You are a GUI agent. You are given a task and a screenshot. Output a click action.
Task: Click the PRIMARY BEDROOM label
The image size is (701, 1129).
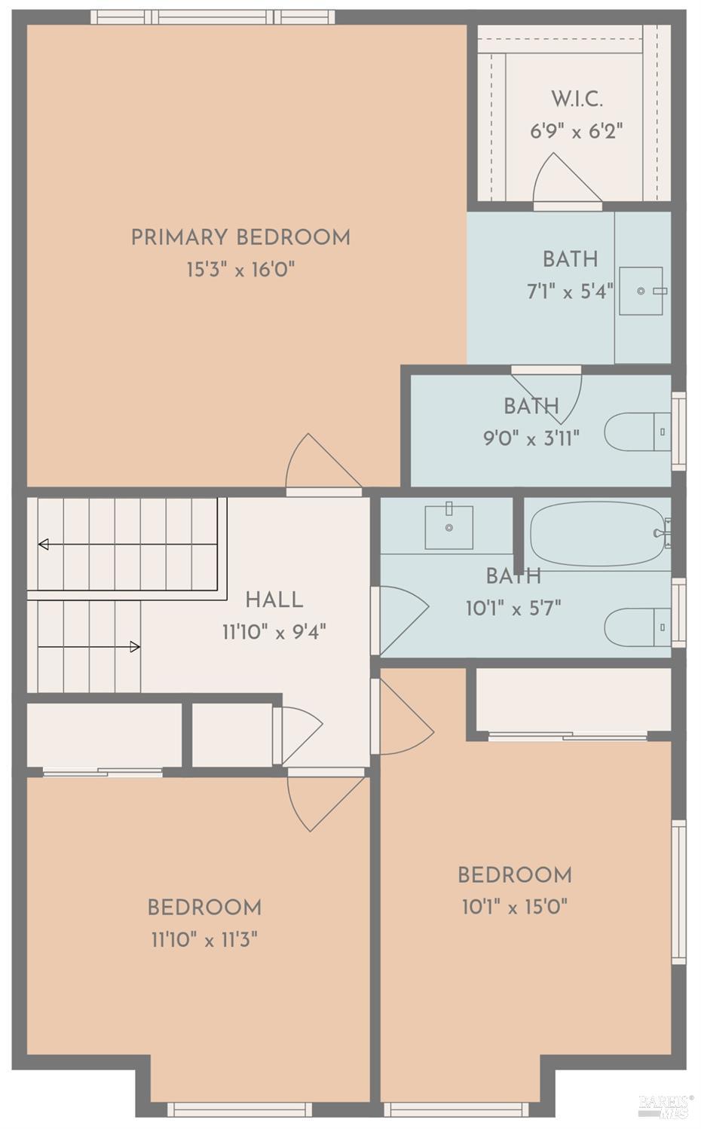pyautogui.click(x=240, y=237)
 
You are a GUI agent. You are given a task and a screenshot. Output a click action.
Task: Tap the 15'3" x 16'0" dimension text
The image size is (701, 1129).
pyautogui.click(x=240, y=270)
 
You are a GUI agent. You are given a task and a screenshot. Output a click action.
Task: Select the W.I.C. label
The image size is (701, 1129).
pyautogui.click(x=577, y=99)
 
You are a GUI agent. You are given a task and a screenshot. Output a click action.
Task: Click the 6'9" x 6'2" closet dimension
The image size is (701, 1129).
pyautogui.click(x=577, y=132)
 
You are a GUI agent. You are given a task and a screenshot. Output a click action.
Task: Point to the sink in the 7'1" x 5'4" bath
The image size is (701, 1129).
pyautogui.click(x=641, y=291)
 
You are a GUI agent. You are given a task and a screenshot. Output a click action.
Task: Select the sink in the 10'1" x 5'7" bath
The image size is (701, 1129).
pyautogui.click(x=448, y=527)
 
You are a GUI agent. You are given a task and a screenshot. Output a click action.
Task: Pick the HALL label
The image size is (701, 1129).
pyautogui.click(x=274, y=600)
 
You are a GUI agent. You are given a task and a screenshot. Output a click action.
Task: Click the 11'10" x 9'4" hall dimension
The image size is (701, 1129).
pyautogui.click(x=274, y=632)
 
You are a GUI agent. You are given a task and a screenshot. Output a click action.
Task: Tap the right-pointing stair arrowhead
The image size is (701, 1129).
pyautogui.click(x=135, y=647)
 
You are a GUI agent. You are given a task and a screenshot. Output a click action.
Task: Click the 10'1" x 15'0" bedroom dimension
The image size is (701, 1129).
pyautogui.click(x=515, y=908)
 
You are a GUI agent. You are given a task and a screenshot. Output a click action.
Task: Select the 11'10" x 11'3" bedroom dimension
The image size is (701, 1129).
pyautogui.click(x=205, y=940)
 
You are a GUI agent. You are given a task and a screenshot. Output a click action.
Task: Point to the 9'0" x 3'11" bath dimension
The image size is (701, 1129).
pyautogui.click(x=531, y=438)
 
